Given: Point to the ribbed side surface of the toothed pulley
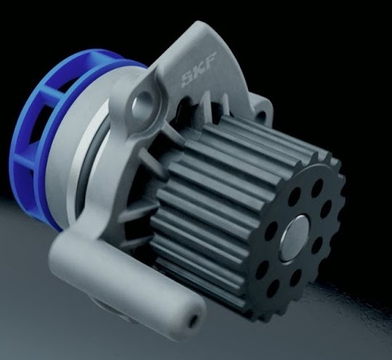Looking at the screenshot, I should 218,196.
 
